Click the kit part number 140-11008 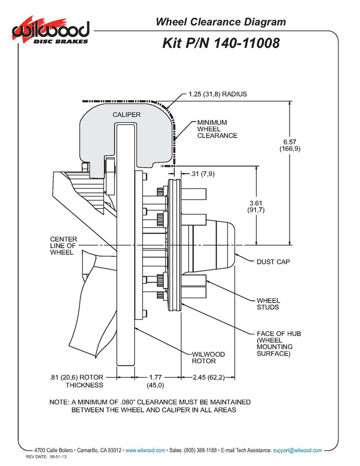click(x=221, y=43)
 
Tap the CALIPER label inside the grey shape click(x=127, y=114)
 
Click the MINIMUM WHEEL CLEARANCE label click(x=217, y=129)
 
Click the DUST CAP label click(x=273, y=262)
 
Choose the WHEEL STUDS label click(x=268, y=303)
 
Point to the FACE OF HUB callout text click(x=278, y=344)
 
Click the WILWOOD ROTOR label click(x=208, y=357)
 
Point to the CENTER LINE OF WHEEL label click(x=63, y=246)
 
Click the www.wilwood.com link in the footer click(x=145, y=450)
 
